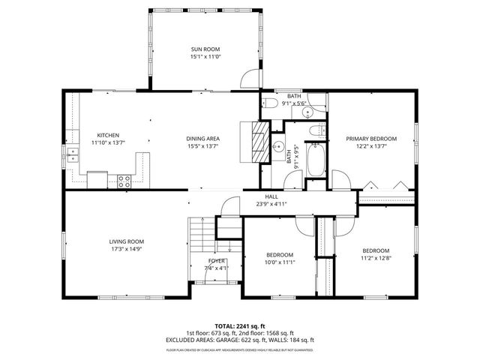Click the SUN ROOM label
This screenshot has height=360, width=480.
(205, 49)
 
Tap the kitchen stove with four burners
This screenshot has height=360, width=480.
(124, 180)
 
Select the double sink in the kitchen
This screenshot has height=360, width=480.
(73, 155)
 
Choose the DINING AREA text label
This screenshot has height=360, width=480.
(202, 139)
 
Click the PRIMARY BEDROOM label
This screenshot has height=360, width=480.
(370, 139)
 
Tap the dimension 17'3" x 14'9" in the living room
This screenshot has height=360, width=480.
(126, 248)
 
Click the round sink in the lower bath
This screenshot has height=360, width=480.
(277, 146)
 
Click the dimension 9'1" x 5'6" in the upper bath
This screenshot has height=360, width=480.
(293, 103)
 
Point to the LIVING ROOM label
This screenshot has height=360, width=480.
(126, 241)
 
